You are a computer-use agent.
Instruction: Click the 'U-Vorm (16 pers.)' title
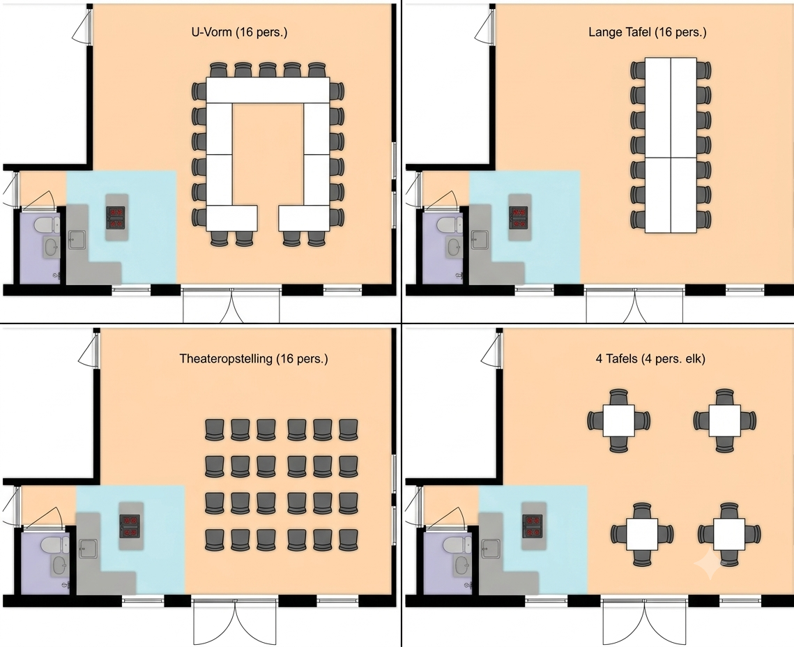tap(239, 32)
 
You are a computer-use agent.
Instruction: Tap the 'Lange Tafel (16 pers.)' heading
tap(647, 32)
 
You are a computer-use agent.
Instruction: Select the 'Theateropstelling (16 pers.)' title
tap(254, 358)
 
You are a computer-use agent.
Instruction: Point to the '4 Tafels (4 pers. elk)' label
tap(650, 358)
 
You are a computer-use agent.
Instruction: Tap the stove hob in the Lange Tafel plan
tap(519, 218)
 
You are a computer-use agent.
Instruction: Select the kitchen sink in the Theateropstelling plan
tap(89, 548)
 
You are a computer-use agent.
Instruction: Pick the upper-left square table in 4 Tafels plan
tap(619, 420)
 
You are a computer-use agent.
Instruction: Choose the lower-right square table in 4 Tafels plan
tap(729, 534)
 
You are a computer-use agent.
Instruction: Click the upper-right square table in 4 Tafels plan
tap(724, 420)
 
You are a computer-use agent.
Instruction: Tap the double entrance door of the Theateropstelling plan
tap(235, 622)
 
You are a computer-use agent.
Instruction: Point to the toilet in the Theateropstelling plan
tap(54, 546)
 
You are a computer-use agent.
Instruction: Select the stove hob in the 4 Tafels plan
tap(532, 526)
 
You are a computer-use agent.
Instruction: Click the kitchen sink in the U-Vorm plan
tap(77, 240)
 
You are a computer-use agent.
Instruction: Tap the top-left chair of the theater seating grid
tap(214, 429)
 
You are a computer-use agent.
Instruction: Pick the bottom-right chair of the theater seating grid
tap(349, 540)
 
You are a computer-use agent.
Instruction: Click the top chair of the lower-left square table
tap(642, 510)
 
